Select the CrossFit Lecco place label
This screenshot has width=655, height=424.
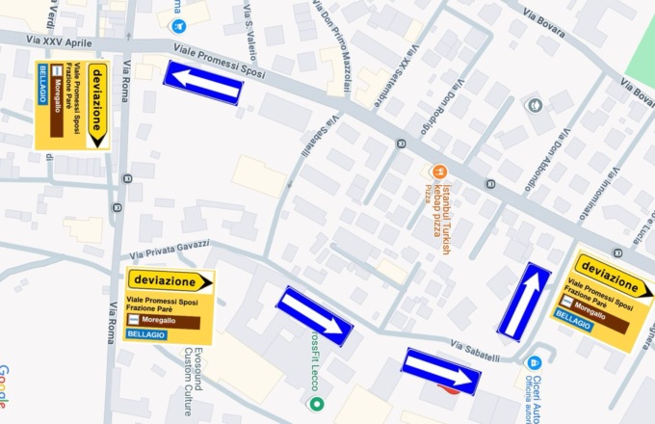click(314, 364)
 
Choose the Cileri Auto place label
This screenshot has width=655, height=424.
click(534, 395)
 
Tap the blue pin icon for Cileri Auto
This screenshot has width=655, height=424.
click(535, 362)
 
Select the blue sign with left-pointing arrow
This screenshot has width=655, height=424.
click(202, 83)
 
